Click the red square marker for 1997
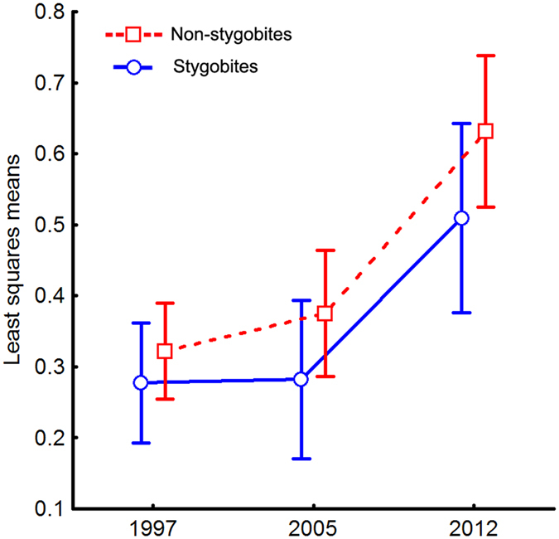point(164,351)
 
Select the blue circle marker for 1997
point(141,382)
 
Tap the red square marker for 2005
point(325,313)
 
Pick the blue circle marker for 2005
point(301,379)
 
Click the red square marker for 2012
point(486,131)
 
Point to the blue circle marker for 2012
point(462,218)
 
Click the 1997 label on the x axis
point(152,529)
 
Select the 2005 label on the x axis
point(313,529)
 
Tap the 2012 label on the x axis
point(474,529)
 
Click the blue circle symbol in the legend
point(134,66)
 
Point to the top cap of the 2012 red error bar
point(486,56)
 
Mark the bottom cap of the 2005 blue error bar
point(301,459)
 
